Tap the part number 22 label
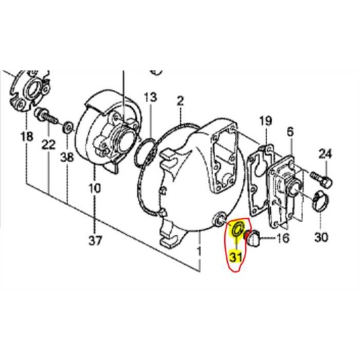tap(48, 145)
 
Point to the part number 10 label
tap(95, 188)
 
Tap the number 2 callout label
tap(180, 101)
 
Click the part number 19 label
tap(264, 122)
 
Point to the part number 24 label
tap(324, 153)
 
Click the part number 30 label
tap(321, 237)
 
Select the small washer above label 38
tap(67, 127)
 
